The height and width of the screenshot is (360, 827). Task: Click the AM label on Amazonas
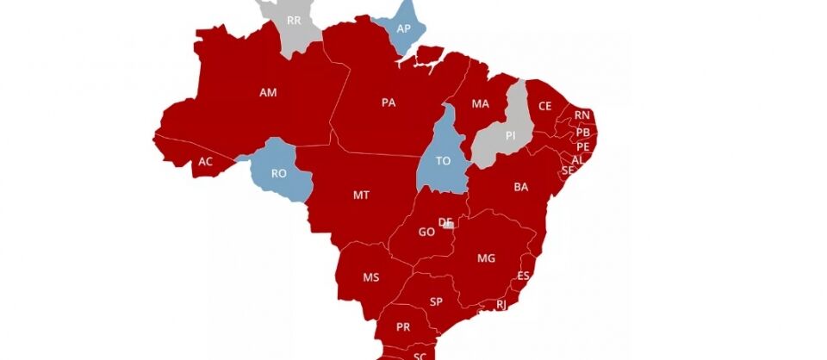coord(268,92)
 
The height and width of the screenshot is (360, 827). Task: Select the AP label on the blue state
coord(403,28)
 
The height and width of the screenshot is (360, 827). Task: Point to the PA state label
coord(389,102)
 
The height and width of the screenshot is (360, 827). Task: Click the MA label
coord(480,104)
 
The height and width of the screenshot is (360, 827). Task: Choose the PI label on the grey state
coord(510,135)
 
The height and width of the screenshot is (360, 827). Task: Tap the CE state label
coord(544,106)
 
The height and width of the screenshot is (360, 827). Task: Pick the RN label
coord(582,115)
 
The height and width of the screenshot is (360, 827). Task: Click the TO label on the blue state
coord(444,161)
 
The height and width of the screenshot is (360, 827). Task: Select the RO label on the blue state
coord(279,173)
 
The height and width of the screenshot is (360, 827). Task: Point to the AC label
coord(205,161)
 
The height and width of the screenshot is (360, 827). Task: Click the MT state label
coord(362,196)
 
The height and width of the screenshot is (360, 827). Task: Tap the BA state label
coord(521,186)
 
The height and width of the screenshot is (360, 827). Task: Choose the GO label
coord(426,233)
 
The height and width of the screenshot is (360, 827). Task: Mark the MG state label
coord(486,258)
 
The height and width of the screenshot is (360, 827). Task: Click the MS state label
coord(371,277)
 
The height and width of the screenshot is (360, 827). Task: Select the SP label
coord(436,301)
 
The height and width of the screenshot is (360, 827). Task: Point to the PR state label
coord(403,327)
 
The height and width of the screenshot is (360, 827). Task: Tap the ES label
coord(523,276)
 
